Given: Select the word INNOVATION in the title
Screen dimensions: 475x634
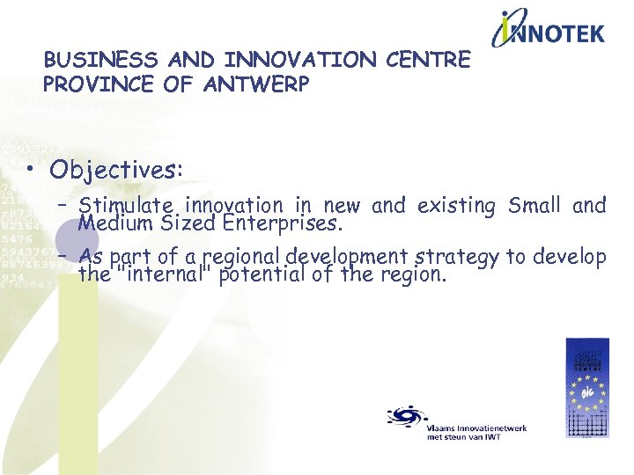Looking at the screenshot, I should (x=301, y=61).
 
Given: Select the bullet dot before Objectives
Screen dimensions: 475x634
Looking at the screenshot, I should (x=33, y=170).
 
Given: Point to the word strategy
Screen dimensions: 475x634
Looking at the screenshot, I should (x=462, y=258).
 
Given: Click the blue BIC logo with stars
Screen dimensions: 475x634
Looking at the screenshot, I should (x=586, y=387).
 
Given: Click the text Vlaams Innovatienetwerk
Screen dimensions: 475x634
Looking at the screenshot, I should (x=475, y=427).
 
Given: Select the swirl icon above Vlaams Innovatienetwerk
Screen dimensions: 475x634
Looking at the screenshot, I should (x=406, y=414).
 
